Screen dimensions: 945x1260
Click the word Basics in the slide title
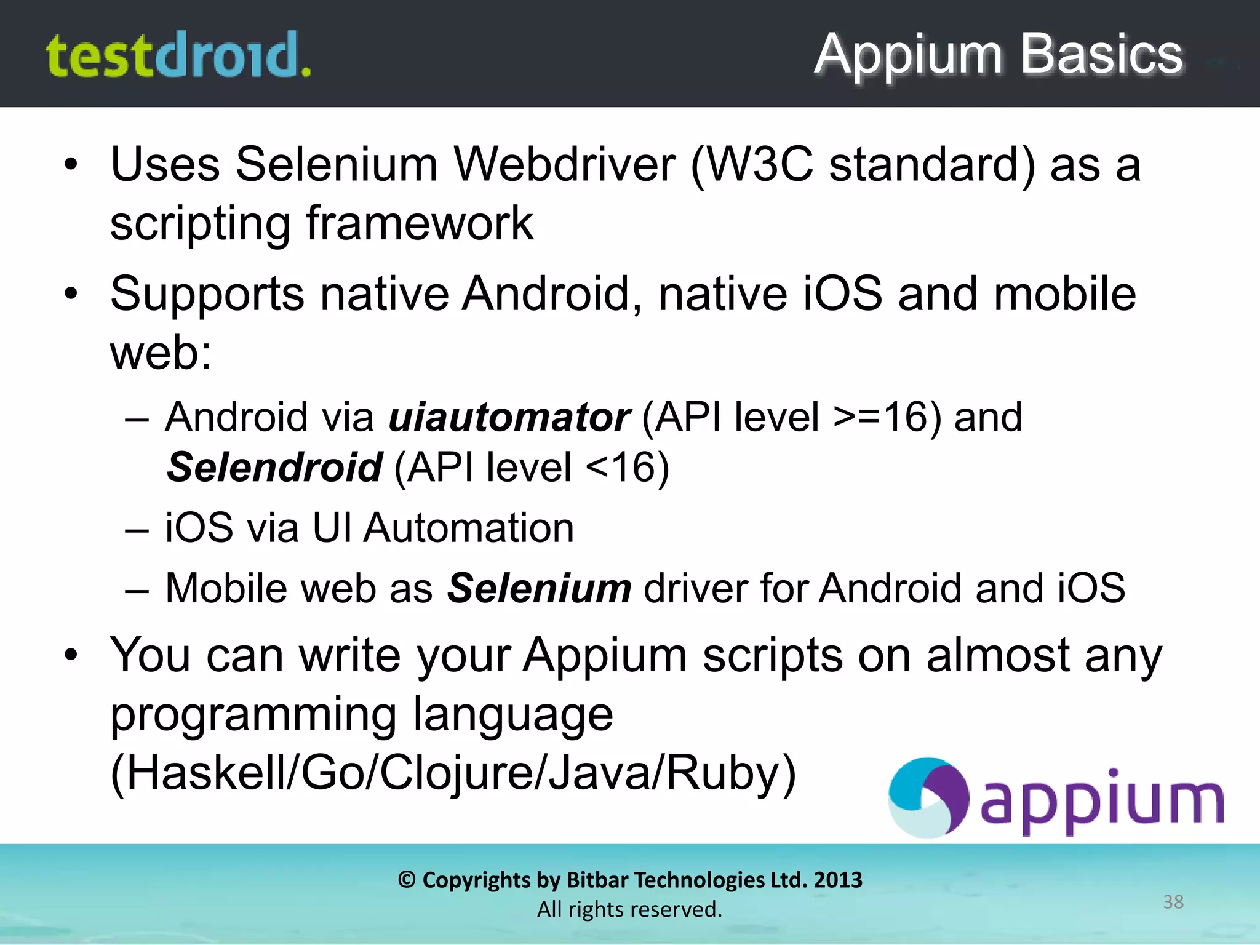[1101, 54]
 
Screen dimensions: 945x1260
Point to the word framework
[420, 223]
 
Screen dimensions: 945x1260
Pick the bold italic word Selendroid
[275, 467]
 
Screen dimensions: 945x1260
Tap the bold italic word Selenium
[539, 588]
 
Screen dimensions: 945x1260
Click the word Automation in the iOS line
[469, 528]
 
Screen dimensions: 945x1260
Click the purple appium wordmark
[1101, 802]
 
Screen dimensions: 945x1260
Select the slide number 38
[1173, 902]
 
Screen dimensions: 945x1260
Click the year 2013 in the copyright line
[838, 880]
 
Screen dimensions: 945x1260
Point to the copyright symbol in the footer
[406, 880]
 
